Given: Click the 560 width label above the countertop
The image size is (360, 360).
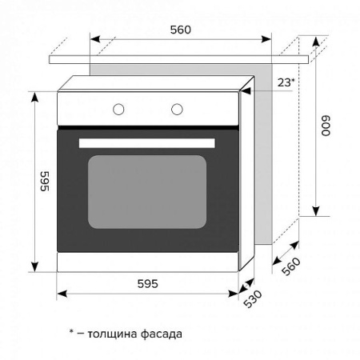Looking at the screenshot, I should pyautogui.click(x=180, y=30).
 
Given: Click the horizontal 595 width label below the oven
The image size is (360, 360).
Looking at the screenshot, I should pyautogui.click(x=146, y=283).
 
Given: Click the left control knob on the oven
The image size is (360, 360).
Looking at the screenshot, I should pyautogui.click(x=119, y=109).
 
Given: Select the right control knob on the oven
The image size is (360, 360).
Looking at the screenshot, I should pyautogui.click(x=177, y=109).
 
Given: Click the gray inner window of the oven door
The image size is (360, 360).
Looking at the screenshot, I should pyautogui.click(x=146, y=191).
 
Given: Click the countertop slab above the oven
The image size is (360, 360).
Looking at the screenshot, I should pyautogui.click(x=179, y=58).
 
